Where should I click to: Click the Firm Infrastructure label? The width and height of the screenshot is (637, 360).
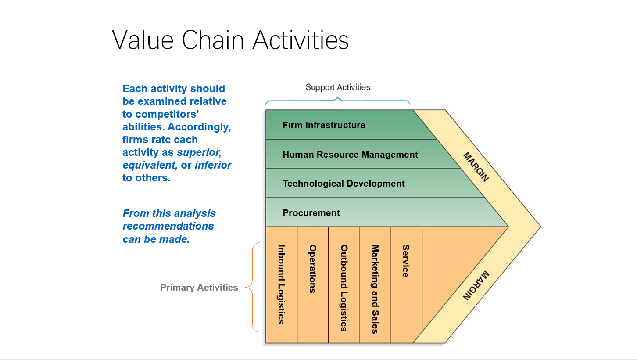tap(324, 125)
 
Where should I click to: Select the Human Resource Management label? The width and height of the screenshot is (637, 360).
tap(350, 155)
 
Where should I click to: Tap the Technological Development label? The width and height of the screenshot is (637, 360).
tap(344, 184)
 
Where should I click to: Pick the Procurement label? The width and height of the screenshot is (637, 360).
tap(311, 213)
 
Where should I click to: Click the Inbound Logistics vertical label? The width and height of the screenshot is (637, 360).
tap(281, 284)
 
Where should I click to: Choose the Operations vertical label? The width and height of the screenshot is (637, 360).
tap(312, 269)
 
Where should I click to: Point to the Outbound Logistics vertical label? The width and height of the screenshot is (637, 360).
tap(344, 288)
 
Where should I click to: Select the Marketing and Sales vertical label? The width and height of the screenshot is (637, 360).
tap(375, 289)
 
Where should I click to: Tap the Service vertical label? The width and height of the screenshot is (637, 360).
tap(406, 261)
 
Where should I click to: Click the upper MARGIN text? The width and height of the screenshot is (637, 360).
tap(476, 167)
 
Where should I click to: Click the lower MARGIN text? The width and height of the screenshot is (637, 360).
tap(476, 285)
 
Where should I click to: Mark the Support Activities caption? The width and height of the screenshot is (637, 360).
tap(338, 87)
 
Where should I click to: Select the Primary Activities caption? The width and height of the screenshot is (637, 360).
tap(199, 288)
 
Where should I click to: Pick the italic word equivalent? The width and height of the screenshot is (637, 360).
tap(150, 165)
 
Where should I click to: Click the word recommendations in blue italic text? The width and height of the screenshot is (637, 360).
tap(168, 226)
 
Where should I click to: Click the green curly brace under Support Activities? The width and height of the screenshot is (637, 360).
tap(337, 101)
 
